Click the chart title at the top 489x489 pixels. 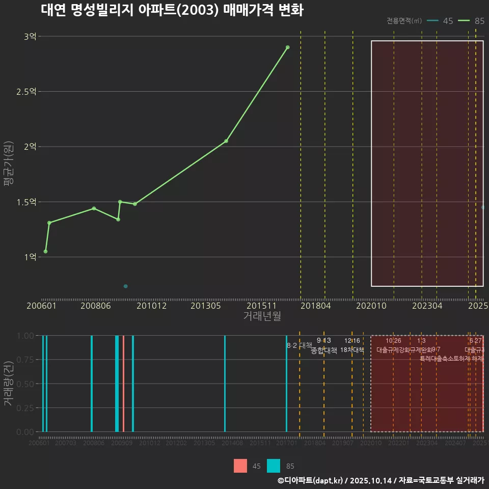click(172, 10)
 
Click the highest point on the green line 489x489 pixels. click(288, 47)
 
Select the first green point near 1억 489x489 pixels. click(45, 252)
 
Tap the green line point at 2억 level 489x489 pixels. click(226, 141)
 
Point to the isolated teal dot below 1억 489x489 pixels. click(125, 286)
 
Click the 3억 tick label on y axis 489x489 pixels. click(30, 36)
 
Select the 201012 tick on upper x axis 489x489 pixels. click(150, 306)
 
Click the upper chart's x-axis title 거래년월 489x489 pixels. click(262, 316)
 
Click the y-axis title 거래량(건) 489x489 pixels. click(9, 384)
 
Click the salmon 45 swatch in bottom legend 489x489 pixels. click(240, 466)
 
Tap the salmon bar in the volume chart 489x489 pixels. click(123, 384)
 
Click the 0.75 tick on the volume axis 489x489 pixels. click(25, 360)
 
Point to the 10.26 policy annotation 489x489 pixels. click(393, 341)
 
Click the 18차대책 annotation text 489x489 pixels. click(352, 350)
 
